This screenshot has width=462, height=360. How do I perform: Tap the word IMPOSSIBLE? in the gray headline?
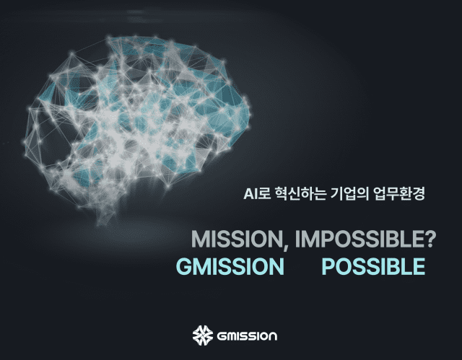coord(365,239)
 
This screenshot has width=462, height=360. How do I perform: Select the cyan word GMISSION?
coord(230,266)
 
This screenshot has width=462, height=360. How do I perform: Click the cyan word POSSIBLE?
coord(373,266)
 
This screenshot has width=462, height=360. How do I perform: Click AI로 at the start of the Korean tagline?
coord(257,193)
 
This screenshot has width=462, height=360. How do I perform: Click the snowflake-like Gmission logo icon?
coord(203,335)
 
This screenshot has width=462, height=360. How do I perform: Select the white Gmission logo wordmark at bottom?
coord(247,336)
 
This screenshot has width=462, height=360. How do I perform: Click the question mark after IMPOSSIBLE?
coord(430,239)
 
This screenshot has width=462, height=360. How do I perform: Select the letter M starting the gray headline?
coord(201,240)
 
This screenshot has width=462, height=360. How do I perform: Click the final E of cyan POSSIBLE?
coord(419,266)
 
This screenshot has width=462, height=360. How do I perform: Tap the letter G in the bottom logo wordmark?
coord(222,336)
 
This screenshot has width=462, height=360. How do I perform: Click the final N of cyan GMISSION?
coord(276,266)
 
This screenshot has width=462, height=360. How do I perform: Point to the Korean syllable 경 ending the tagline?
coord(419,193)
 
